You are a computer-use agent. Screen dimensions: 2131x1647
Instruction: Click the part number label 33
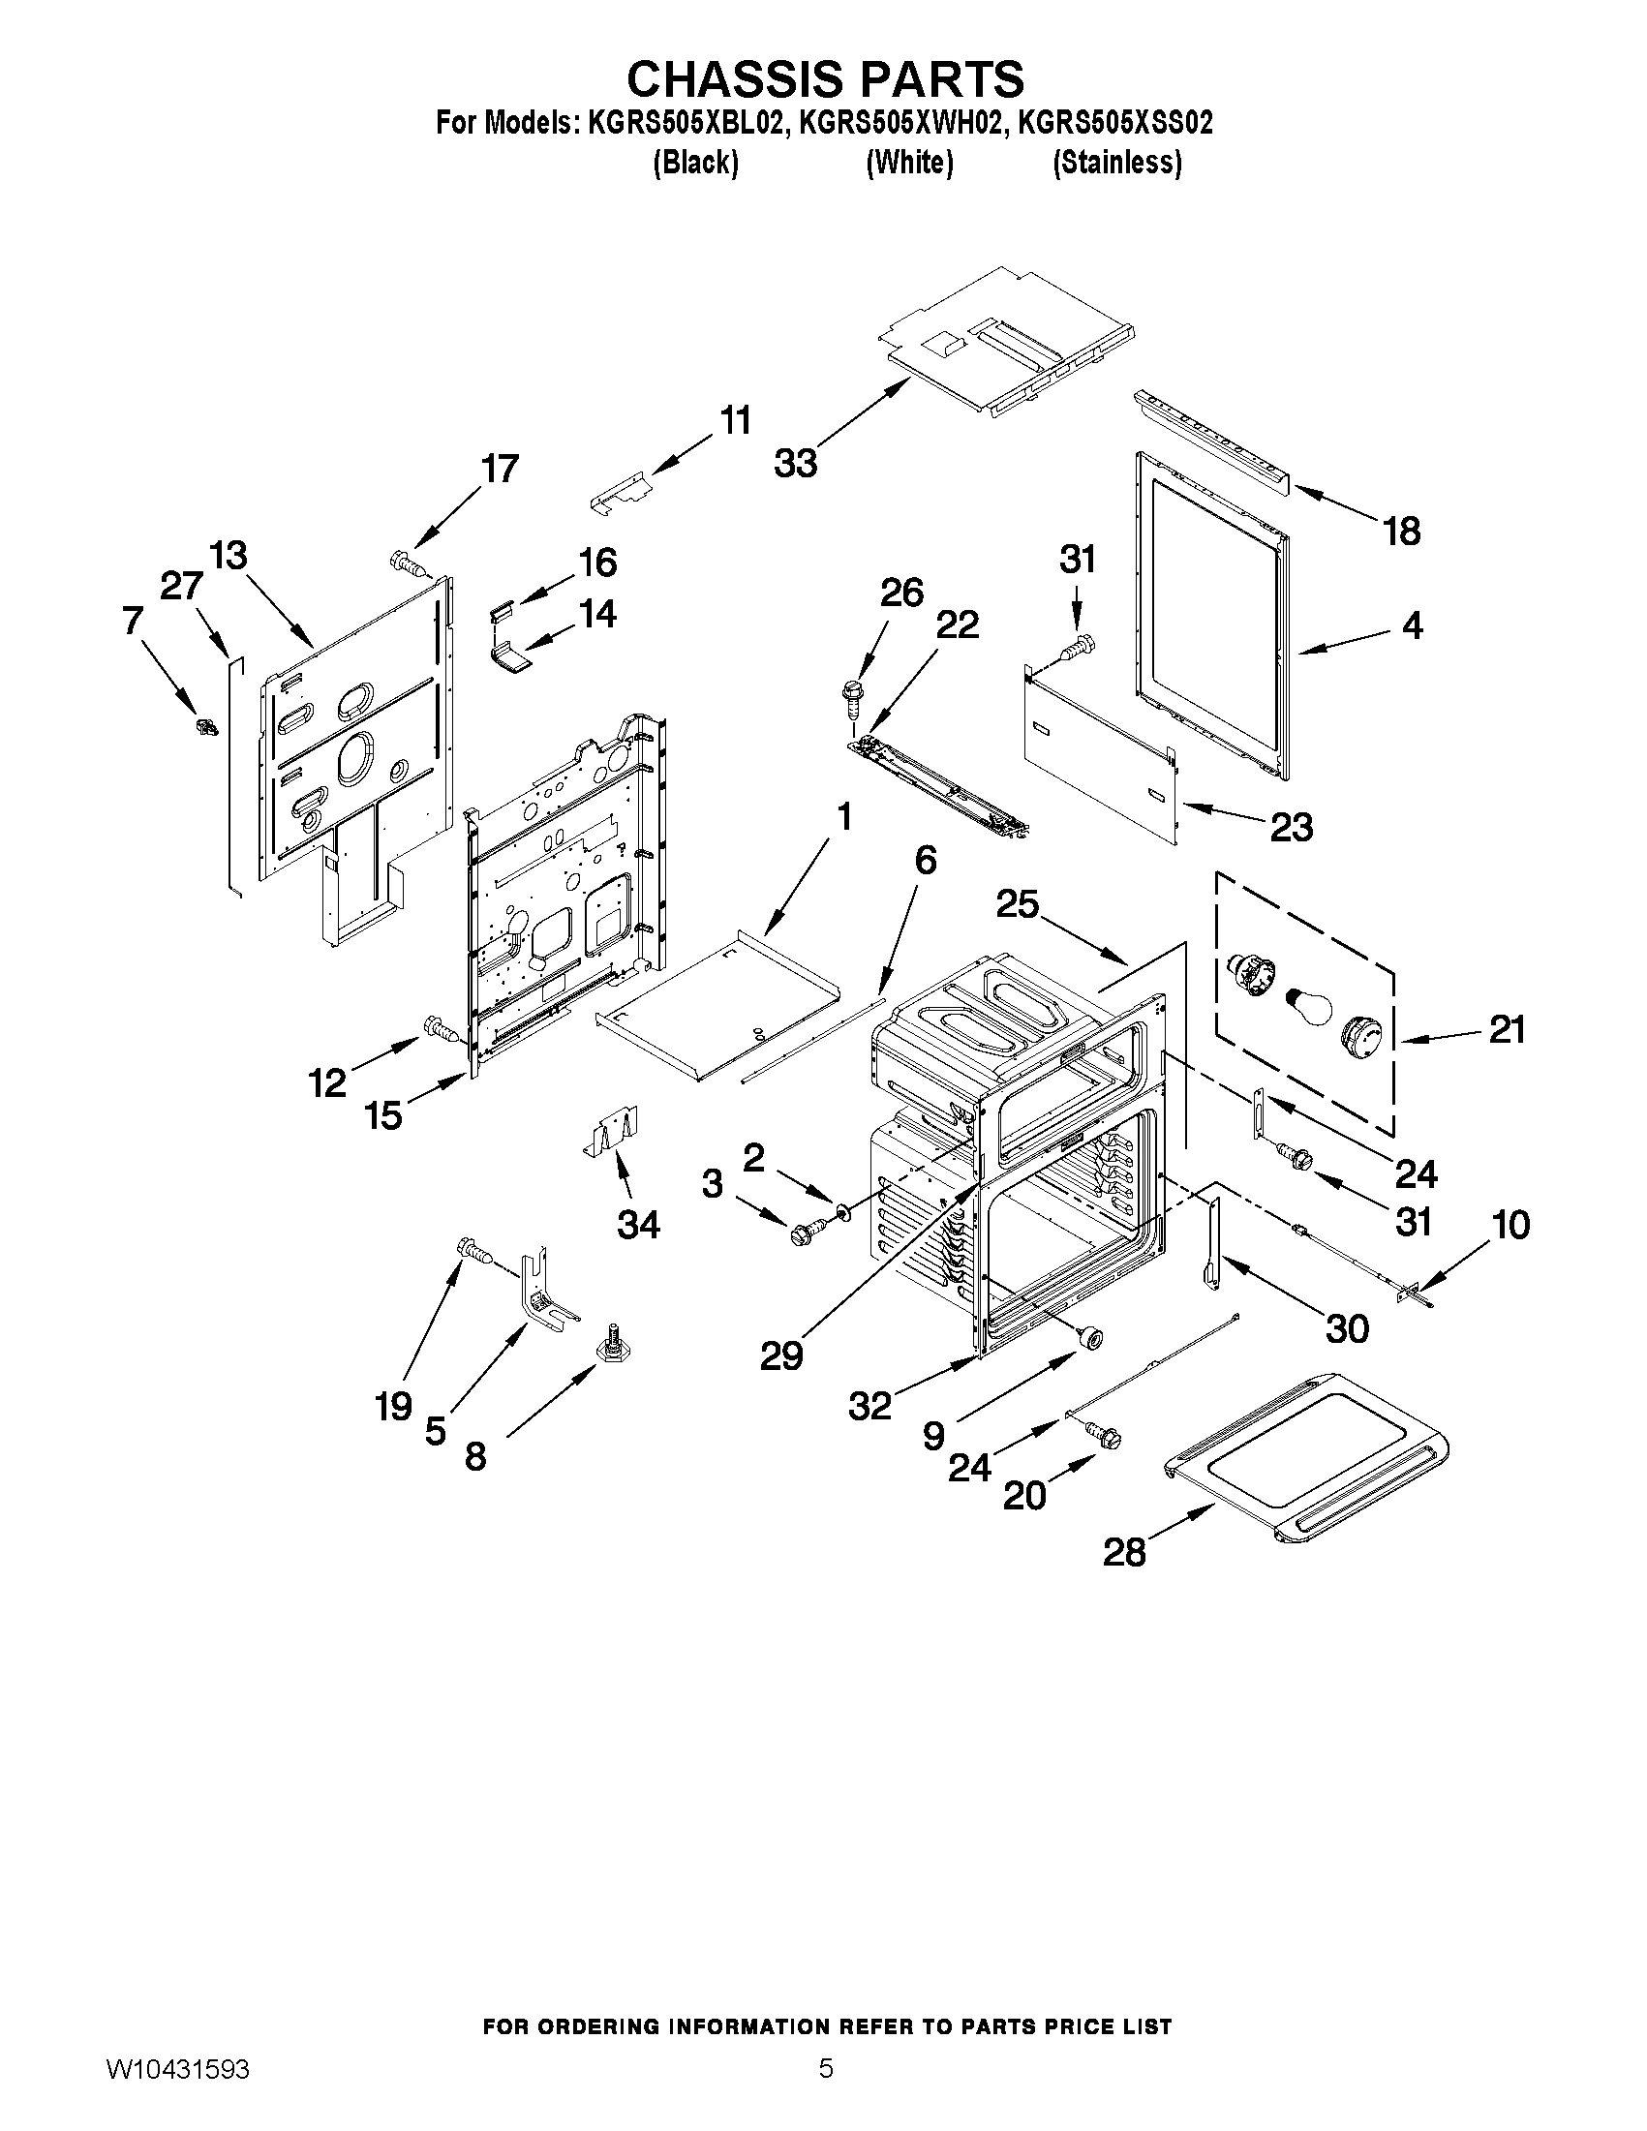coord(795,464)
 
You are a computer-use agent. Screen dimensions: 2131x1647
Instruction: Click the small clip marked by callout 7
coord(206,726)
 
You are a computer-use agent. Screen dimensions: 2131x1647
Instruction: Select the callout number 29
coord(781,1355)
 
